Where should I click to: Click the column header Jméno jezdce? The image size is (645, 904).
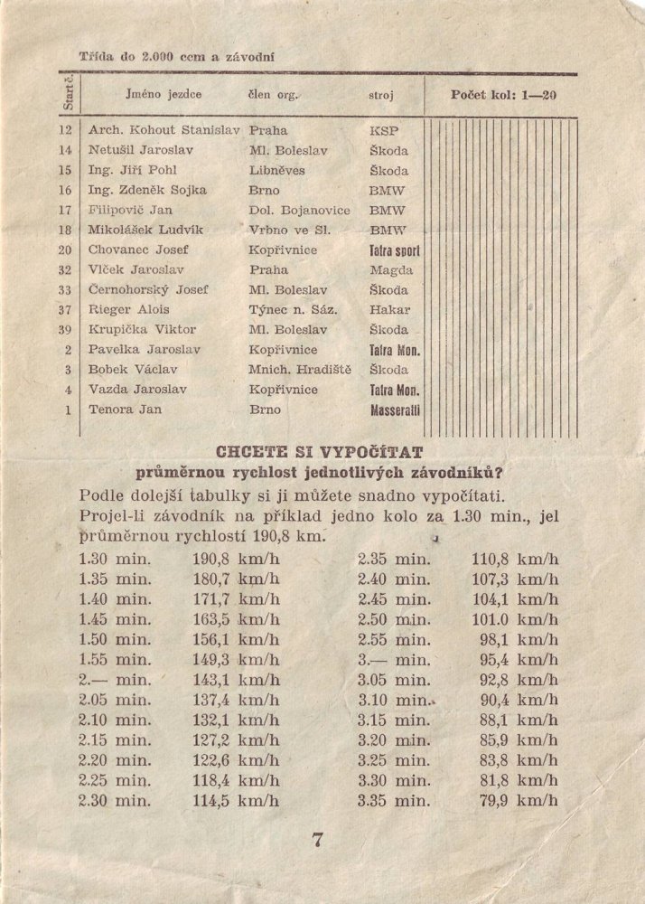coord(164,93)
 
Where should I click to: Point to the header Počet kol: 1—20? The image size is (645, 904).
coord(503,94)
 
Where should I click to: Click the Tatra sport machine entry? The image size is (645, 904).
coord(395,250)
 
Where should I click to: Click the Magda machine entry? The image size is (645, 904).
coord(391,270)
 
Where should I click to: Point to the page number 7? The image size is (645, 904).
coord(317,840)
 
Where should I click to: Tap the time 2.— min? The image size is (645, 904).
coord(115,680)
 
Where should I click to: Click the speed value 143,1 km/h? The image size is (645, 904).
coord(237,680)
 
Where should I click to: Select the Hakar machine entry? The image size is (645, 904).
coord(389,310)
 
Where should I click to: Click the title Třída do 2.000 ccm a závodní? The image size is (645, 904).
coord(177,56)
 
